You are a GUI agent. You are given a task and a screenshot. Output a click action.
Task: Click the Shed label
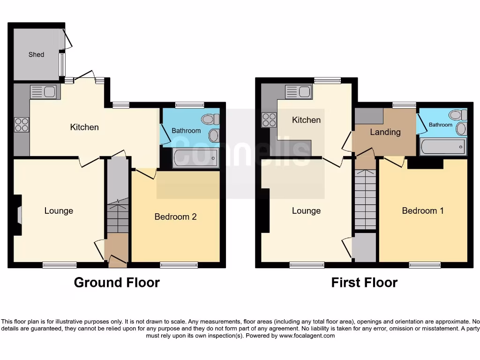click(36, 54)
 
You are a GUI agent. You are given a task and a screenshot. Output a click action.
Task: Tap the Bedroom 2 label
click(175, 217)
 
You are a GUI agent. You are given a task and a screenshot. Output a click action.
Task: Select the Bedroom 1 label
click(423, 210)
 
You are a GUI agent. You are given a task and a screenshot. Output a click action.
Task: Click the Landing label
click(385, 132)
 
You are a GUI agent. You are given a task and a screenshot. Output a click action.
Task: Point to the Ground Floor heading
click(117, 283)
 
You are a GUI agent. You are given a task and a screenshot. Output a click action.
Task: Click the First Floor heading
click(364, 283)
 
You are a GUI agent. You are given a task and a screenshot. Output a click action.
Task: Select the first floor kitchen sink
click(299, 92)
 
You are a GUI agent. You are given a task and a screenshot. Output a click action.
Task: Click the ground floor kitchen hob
click(21, 125)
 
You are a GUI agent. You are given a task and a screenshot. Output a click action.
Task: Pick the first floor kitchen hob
click(269, 120)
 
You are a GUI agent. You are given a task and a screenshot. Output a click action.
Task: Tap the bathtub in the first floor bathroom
click(443, 146)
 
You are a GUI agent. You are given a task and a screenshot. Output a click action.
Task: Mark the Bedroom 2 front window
click(179, 265)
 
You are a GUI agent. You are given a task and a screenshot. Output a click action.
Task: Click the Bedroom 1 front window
click(425, 265)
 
